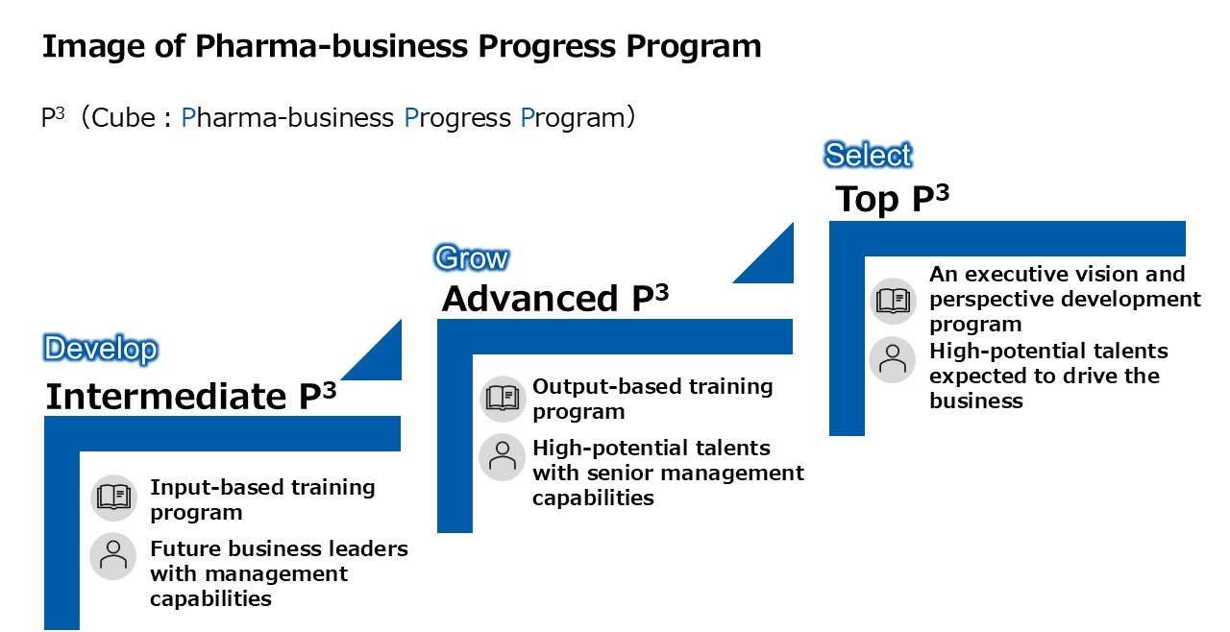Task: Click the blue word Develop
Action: coord(101,349)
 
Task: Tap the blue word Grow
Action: coord(472,257)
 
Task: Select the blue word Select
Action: coord(868,155)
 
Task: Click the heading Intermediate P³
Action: coord(190,396)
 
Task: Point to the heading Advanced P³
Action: coord(555,299)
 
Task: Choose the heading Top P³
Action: coord(893,199)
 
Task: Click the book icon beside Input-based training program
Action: coord(113,497)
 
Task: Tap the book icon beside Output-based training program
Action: coord(503,399)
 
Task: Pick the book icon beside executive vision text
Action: coord(893,301)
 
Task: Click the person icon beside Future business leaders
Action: coord(113,556)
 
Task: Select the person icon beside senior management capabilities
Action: coord(502,456)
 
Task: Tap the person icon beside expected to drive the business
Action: coord(893,359)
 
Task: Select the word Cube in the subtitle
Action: coord(123,117)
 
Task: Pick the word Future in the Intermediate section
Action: coord(184,548)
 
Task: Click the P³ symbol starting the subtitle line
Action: coord(53,116)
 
